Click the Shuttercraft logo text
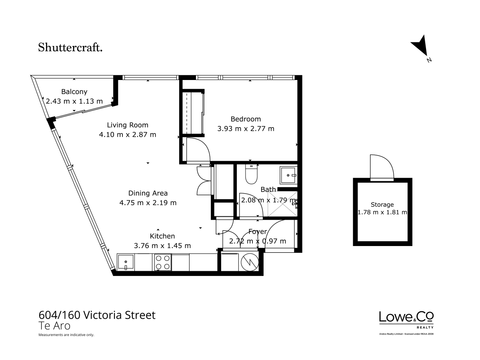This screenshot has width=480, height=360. coord(70,47)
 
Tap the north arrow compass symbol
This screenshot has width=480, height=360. coord(421,47)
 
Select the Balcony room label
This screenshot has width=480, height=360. coord(74,92)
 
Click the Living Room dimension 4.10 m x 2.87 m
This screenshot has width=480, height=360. coord(128,134)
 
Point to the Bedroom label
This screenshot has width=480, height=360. coord(246,119)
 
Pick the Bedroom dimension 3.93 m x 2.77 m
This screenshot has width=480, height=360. coord(246,128)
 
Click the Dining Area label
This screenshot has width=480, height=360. coord(148,193)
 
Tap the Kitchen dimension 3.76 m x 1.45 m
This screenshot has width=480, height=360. coord(162,246)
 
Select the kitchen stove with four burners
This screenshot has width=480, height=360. coord(163,262)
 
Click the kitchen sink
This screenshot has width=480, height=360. coord(126,262)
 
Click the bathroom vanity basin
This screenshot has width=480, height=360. coord(289,175)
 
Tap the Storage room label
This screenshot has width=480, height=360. coord(382,204)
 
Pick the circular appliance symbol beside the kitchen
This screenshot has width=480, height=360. coord(250,262)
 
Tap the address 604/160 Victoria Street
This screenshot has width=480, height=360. coord(97,315)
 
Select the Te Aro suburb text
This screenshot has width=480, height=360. coord(54,326)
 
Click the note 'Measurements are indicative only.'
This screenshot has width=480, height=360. coord(66,335)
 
